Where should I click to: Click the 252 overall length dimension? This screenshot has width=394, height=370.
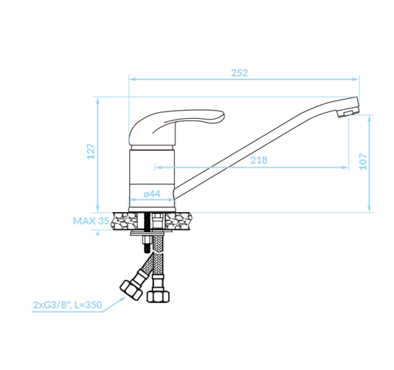(240, 73)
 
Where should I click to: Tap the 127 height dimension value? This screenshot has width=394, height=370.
(91, 151)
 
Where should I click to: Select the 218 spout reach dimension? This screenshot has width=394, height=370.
(259, 160)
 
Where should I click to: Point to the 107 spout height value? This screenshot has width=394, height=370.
(363, 162)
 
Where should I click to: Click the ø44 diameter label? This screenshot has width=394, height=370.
(152, 193)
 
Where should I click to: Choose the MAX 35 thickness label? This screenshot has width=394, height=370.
(91, 221)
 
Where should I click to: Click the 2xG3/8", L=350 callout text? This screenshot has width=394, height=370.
(67, 305)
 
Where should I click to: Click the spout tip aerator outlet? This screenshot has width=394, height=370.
(348, 113)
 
